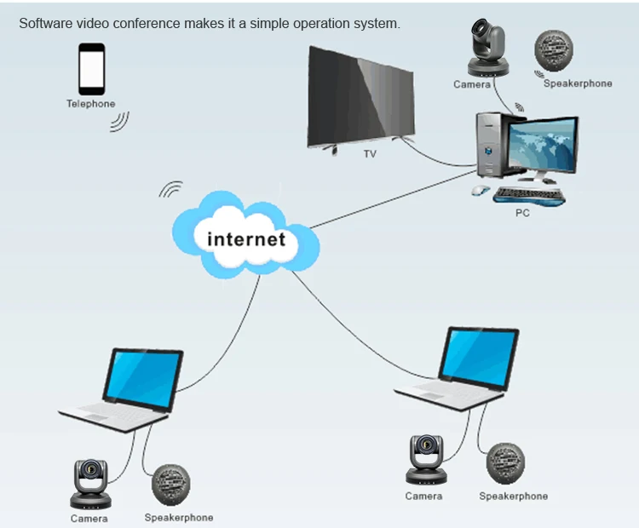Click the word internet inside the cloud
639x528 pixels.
(x=246, y=238)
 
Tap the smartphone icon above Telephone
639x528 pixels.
(x=91, y=69)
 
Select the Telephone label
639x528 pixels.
(x=91, y=104)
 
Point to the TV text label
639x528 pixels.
(x=370, y=154)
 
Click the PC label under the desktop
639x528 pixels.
(x=522, y=213)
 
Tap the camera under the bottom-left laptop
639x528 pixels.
(x=89, y=484)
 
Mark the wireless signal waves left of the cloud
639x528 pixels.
(x=171, y=189)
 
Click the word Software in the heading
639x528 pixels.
(x=45, y=23)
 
